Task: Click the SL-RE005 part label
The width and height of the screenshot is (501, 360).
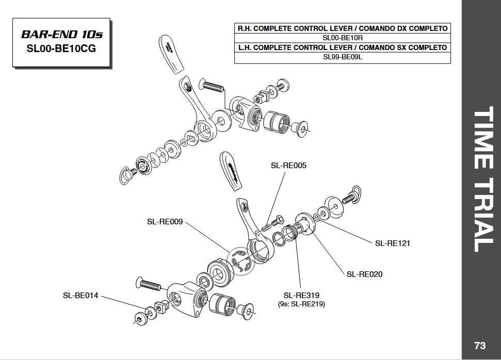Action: coord(288,166)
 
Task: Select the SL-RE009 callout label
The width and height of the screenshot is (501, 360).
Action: coord(165,222)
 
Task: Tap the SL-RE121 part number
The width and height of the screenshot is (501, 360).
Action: coord(392,243)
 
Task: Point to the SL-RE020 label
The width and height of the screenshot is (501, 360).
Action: coord(364,274)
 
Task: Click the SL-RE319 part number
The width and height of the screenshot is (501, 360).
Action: coord(301,296)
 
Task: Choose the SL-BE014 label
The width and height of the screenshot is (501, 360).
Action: coord(80,296)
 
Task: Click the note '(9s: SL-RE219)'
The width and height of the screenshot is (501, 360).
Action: coord(301,304)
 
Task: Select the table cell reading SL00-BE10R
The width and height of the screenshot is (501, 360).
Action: coord(342,38)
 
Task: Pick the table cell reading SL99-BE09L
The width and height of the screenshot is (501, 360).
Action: coord(342,57)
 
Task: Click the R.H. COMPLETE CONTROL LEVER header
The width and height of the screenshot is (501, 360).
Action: coord(342,28)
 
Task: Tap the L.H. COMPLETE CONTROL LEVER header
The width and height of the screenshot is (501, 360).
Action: coord(342,47)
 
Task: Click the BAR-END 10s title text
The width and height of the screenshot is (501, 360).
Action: coord(61,35)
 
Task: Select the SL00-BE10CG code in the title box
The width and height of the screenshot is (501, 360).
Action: coord(61,49)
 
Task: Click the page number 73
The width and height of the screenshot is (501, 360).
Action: coord(480,345)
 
